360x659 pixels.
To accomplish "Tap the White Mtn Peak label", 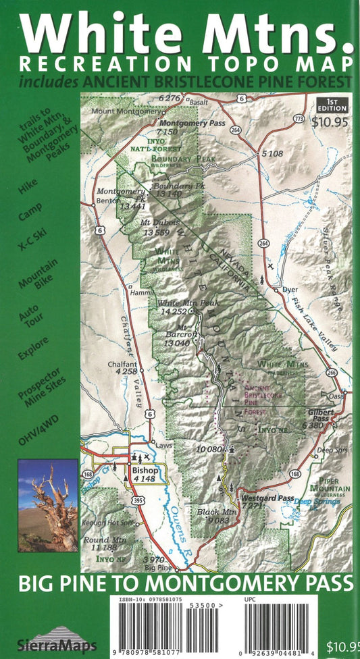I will click(178, 303).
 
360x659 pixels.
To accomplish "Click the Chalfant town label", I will click(122, 364).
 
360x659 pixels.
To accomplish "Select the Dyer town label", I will click(290, 289).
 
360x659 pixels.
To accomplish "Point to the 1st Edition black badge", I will click(331, 106).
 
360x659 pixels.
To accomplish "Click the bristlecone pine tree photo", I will click(48, 506).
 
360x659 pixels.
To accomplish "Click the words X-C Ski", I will click(31, 233).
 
